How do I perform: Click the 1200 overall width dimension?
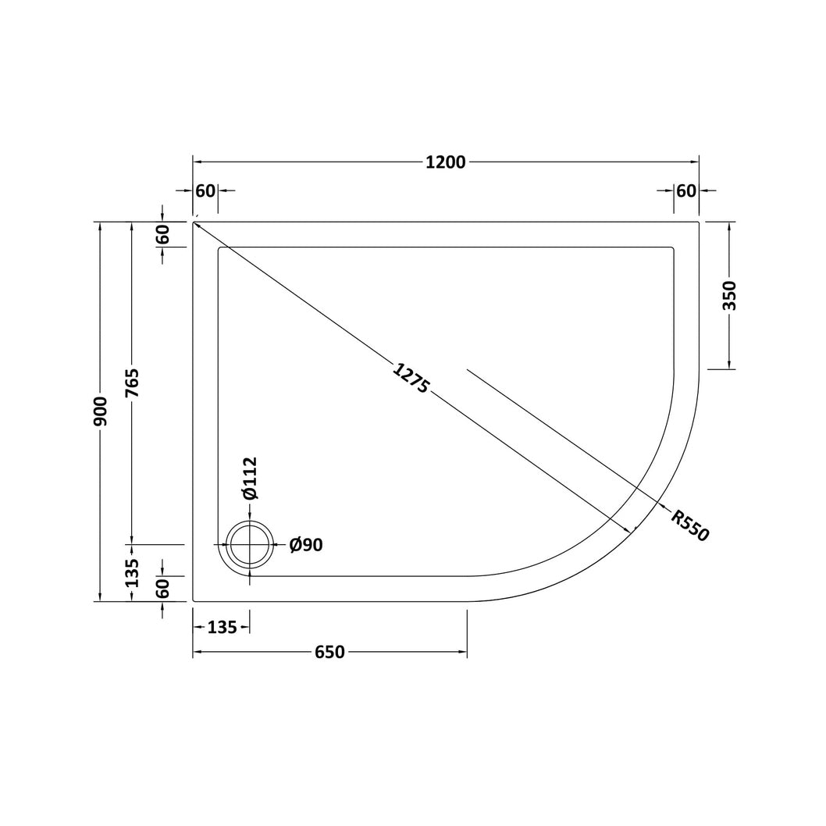pyautogui.click(x=445, y=162)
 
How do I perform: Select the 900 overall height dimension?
pyautogui.click(x=100, y=411)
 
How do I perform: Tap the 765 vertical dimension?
pyautogui.click(x=132, y=383)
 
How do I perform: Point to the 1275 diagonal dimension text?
pyautogui.click(x=411, y=378)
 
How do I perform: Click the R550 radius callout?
pyautogui.click(x=690, y=525)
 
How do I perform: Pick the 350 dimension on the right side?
pyautogui.click(x=731, y=296)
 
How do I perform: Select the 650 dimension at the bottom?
pyautogui.click(x=329, y=652)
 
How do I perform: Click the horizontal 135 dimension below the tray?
pyautogui.click(x=223, y=628)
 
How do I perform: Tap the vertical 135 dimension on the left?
pyautogui.click(x=132, y=572)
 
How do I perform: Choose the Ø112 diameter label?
pyautogui.click(x=250, y=477)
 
